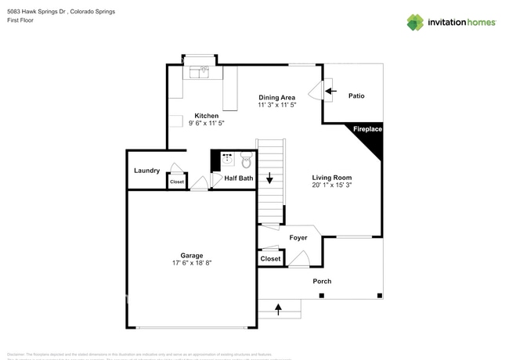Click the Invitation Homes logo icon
point(415,22)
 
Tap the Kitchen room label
point(207,116)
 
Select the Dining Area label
point(277,97)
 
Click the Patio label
point(356,96)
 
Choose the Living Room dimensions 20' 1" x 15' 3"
point(332,185)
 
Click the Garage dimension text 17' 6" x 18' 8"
point(192,263)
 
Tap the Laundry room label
point(147,171)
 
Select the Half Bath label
point(239,178)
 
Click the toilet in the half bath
point(246,160)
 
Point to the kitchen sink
point(202,73)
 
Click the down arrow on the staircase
point(270,178)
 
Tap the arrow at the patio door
point(332,92)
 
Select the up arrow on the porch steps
point(280,310)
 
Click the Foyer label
point(298,237)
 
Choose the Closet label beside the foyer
point(271,258)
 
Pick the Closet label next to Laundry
point(177,182)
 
